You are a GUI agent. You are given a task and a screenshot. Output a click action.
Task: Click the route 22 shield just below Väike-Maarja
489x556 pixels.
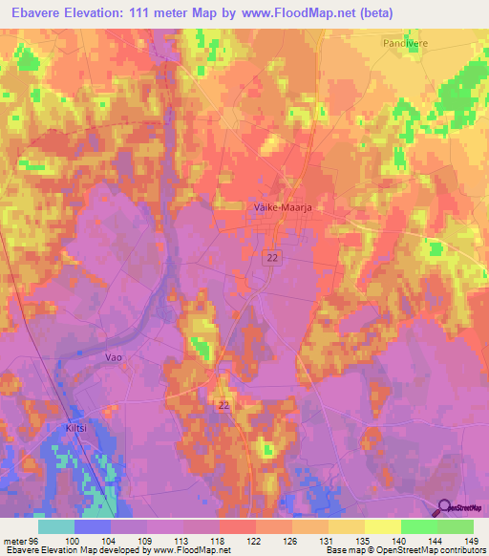271,258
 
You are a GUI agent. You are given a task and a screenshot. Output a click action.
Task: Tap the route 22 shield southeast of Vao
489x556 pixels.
223,405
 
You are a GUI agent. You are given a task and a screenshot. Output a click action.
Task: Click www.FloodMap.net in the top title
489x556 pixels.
297,11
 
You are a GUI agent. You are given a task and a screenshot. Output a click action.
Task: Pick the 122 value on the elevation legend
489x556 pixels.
256,539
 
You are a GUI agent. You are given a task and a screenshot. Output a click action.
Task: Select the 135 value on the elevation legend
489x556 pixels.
365,539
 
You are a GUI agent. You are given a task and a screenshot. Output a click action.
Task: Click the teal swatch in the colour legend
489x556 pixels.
56,526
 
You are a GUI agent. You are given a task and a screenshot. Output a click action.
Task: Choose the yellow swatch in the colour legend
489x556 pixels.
383,526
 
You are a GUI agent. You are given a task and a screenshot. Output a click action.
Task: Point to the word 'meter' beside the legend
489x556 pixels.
16,539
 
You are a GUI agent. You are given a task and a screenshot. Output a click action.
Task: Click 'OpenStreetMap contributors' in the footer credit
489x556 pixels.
435,550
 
